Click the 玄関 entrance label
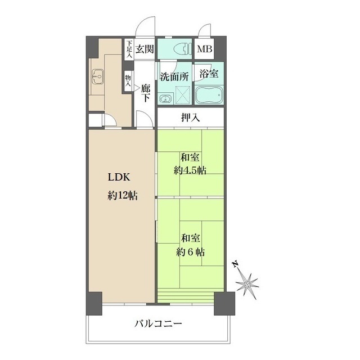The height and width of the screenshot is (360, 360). click(145, 49)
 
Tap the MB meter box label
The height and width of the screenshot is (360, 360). click(205, 49)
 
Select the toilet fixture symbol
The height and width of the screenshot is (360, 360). click(182, 49)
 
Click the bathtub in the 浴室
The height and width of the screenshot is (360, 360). click(209, 94)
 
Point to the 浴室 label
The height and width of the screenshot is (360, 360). click(209, 74)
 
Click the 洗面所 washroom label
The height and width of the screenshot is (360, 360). click(174, 76)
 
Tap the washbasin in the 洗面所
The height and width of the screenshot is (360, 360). click(165, 99)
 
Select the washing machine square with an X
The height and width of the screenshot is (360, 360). click(183, 95)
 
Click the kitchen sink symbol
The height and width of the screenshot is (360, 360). click(97, 76)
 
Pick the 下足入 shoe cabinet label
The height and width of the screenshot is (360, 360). click(129, 49)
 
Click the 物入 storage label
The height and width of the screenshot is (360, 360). click(128, 80)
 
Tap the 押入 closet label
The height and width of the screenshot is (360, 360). click(190, 118)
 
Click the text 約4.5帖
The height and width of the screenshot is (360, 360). click(190, 170)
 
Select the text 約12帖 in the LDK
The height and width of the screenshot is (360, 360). click(123, 196)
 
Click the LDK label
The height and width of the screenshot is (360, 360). click(119, 177)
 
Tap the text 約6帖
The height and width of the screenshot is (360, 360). click(190, 252)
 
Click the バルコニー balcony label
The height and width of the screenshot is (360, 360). click(158, 324)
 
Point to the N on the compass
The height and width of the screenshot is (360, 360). click(235, 264)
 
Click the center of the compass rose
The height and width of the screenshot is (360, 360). click(247, 285)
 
